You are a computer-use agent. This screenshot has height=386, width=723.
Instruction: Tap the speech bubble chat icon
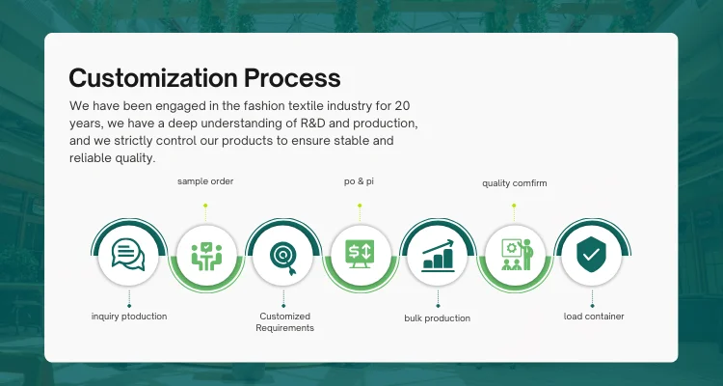tap(128, 254)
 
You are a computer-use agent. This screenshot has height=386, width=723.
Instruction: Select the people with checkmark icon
tap(205, 254)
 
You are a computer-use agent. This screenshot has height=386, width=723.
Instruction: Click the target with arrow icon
tap(283, 254)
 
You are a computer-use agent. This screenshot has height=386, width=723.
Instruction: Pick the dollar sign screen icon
tap(360, 254)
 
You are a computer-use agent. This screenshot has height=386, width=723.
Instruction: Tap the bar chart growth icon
tap(438, 254)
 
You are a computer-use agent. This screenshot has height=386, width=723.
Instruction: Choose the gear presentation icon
tap(514, 254)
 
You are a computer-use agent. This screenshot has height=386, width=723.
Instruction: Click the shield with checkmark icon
tap(590, 254)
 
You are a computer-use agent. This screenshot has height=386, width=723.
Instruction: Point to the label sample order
tap(205, 180)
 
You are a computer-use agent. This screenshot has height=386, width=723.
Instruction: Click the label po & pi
tap(360, 180)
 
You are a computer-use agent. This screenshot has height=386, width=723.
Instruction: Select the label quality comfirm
tap(514, 182)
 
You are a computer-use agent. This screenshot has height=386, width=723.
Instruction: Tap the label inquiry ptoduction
tap(129, 317)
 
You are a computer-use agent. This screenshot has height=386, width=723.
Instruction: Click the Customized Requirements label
tap(284, 322)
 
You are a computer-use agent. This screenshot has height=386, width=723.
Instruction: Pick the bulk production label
tap(438, 317)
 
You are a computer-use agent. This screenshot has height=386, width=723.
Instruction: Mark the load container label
tap(594, 317)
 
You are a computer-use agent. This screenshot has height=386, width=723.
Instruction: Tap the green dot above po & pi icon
tap(360, 205)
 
